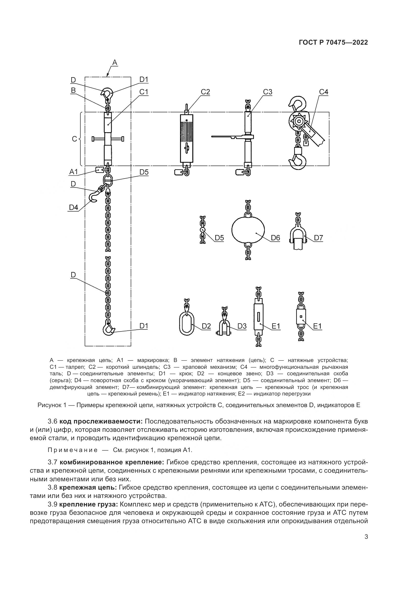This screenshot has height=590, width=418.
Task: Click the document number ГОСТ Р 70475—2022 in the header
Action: point(333,43)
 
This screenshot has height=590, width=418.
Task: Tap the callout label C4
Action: point(323,92)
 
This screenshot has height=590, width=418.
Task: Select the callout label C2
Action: point(205,92)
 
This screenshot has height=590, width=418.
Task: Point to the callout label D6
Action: point(275,238)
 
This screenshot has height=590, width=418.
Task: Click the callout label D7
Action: point(318,238)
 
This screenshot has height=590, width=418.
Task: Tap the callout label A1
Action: point(74,172)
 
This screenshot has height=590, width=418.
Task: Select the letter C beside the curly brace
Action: point(74,139)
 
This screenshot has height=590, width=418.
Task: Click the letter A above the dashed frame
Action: point(115,63)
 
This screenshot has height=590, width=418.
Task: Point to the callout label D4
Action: point(74,207)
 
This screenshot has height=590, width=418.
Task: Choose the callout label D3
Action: point(242,326)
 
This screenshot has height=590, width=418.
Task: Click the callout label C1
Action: point(144,92)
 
